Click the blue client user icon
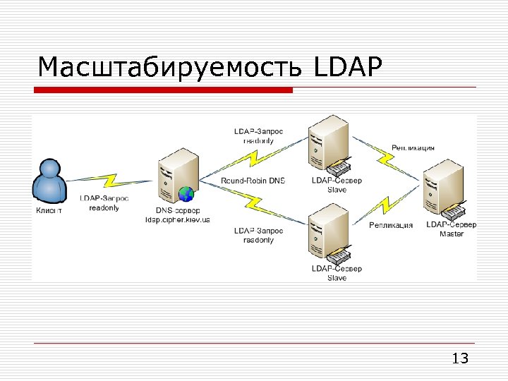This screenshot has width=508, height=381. [x=49, y=182]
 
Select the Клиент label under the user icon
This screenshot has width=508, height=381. [x=49, y=210]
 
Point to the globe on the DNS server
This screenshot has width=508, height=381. [x=186, y=193]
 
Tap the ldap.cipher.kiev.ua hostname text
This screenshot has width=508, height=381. [x=178, y=219]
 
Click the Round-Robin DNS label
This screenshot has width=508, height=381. [x=253, y=181]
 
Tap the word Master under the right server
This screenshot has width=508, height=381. [x=452, y=234]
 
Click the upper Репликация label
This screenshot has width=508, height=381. [x=413, y=147]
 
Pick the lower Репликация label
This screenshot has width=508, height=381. [x=390, y=225]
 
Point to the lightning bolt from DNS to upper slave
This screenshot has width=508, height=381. [x=254, y=157]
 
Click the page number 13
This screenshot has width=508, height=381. [x=460, y=359]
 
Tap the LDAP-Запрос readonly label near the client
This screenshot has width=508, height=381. [x=104, y=203]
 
